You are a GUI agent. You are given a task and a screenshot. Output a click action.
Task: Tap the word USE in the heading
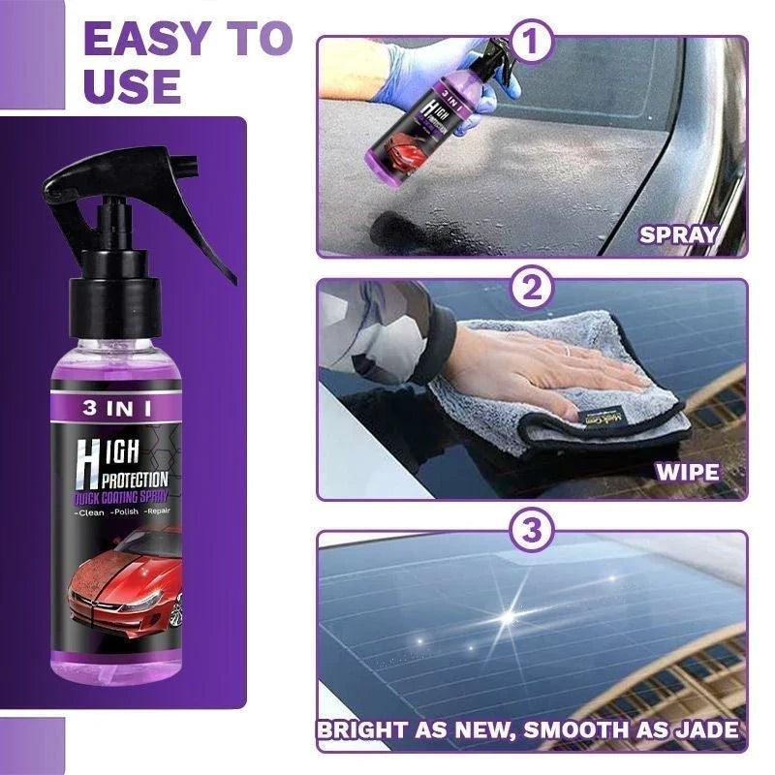(133, 86)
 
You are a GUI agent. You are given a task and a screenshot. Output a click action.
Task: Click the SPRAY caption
(677, 234)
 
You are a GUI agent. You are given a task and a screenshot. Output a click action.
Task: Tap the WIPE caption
(687, 472)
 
